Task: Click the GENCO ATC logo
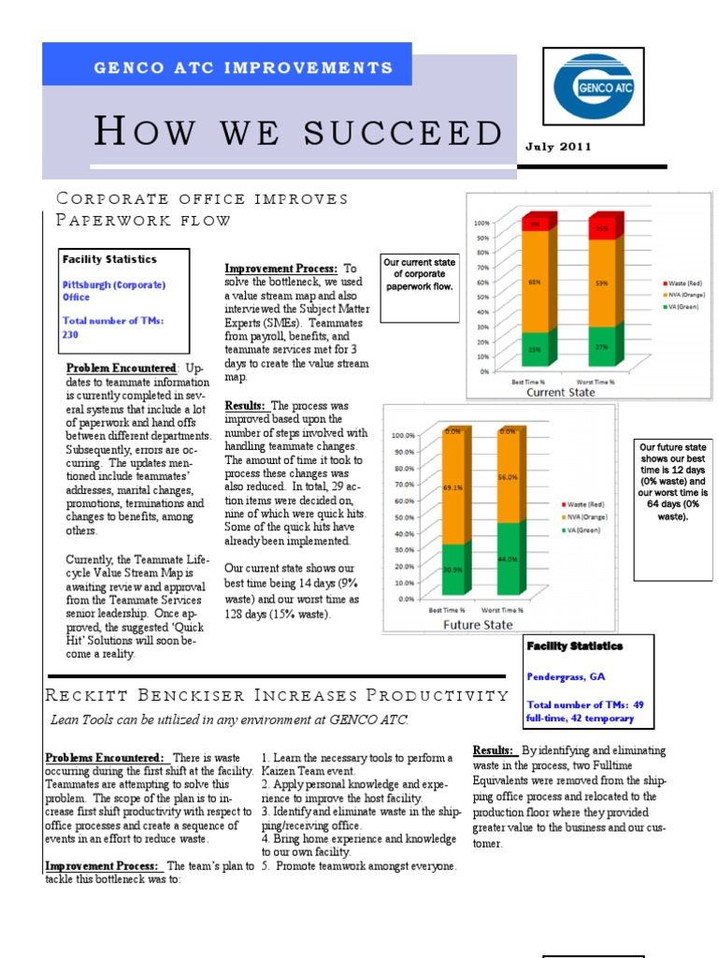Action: pyautogui.click(x=594, y=88)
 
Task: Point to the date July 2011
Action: pyautogui.click(x=557, y=147)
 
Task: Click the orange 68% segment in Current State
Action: pyautogui.click(x=535, y=281)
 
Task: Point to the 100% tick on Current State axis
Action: pyautogui.click(x=482, y=223)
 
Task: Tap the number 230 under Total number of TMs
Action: pyautogui.click(x=71, y=334)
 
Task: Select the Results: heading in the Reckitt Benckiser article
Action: pyautogui.click(x=493, y=750)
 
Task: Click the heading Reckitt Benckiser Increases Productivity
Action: pyautogui.click(x=277, y=695)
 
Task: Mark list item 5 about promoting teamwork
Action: pyautogui.click(x=359, y=866)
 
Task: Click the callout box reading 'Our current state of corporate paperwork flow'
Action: pyautogui.click(x=420, y=274)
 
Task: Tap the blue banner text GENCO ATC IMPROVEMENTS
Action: pyautogui.click(x=243, y=68)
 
